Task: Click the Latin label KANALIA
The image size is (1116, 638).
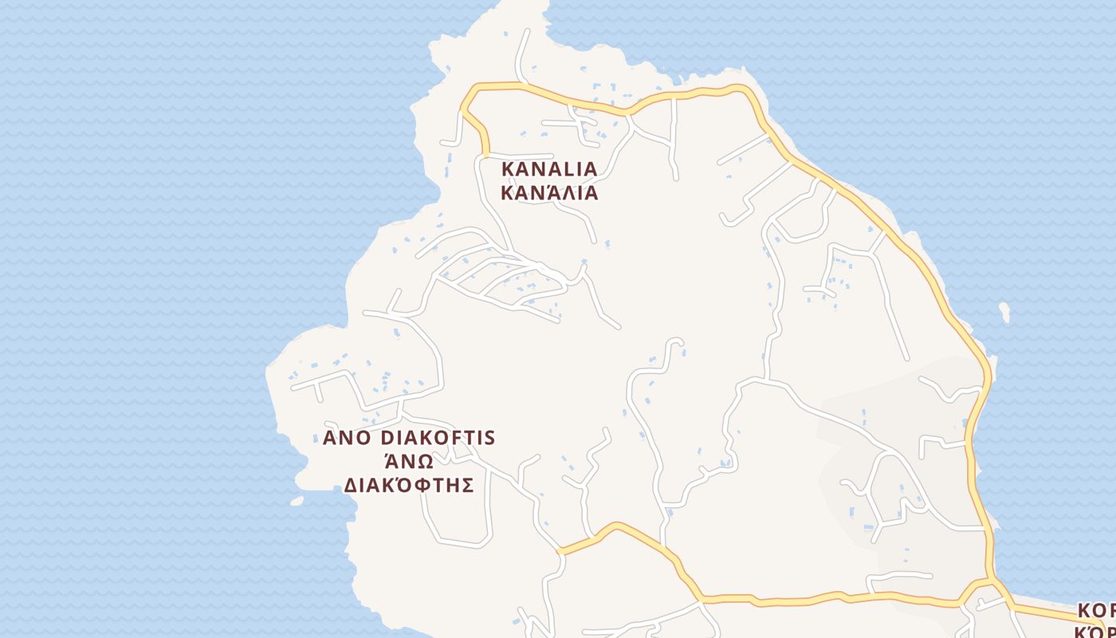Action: [x=549, y=169]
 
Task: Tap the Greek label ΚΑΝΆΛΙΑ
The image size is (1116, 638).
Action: [x=549, y=193]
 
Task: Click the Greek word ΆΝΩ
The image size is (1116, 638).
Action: [x=408, y=462]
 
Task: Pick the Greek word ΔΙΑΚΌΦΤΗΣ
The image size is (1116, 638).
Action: [x=409, y=486]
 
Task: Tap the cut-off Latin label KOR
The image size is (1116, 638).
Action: [x=1096, y=611]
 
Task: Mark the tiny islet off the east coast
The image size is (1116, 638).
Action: [x=1004, y=311]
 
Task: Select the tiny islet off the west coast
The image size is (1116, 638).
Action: [x=297, y=501]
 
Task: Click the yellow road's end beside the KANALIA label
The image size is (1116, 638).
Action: [x=485, y=152]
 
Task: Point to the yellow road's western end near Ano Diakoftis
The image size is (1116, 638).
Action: [x=560, y=551]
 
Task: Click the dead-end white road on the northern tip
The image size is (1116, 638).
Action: [x=526, y=32]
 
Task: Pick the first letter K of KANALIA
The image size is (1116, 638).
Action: [x=508, y=169]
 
